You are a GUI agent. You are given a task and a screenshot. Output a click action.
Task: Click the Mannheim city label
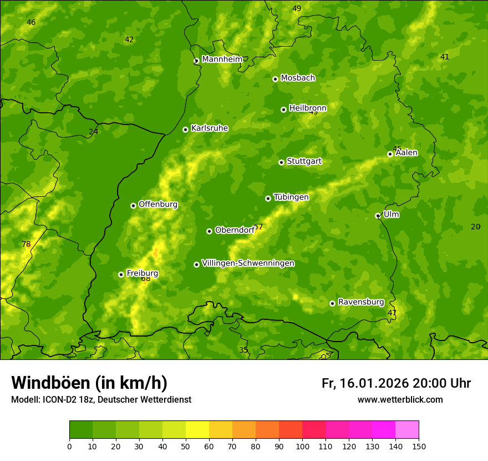(x=222, y=59)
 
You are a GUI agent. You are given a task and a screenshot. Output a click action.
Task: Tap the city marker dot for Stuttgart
(x=281, y=162)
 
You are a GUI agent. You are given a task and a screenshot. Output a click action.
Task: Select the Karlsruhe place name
(x=209, y=128)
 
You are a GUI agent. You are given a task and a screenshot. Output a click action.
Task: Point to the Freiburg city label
(x=142, y=273)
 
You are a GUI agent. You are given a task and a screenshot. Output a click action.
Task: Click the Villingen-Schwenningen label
(x=248, y=263)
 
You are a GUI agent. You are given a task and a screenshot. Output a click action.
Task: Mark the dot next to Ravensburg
(x=332, y=303)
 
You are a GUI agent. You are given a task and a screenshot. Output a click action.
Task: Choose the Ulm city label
(x=391, y=214)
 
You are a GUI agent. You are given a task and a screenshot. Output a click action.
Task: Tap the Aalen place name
(x=406, y=153)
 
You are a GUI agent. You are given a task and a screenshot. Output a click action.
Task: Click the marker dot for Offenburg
(x=133, y=206)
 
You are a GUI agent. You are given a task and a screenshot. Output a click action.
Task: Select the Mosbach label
(x=297, y=78)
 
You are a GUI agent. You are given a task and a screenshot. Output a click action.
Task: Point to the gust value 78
(x=26, y=244)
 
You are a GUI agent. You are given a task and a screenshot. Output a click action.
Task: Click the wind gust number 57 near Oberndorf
(x=258, y=227)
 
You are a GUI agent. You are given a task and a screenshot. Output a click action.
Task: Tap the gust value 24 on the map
(x=93, y=132)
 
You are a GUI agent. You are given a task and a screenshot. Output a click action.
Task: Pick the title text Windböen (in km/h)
(x=89, y=383)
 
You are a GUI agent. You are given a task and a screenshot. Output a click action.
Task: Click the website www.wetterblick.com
(x=400, y=399)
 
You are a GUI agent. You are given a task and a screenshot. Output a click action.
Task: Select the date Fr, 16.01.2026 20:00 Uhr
(x=396, y=383)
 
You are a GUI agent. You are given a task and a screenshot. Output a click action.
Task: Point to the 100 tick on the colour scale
(x=302, y=446)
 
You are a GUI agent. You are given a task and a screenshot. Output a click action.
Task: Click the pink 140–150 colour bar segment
(x=407, y=429)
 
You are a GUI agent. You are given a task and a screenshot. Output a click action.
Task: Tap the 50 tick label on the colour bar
(x=186, y=446)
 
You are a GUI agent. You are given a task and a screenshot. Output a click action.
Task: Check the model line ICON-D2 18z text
(x=101, y=399)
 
